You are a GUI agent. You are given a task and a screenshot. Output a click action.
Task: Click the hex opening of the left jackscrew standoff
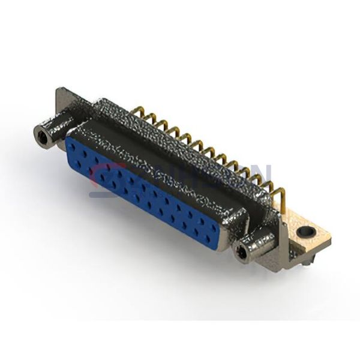[x=42, y=137]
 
